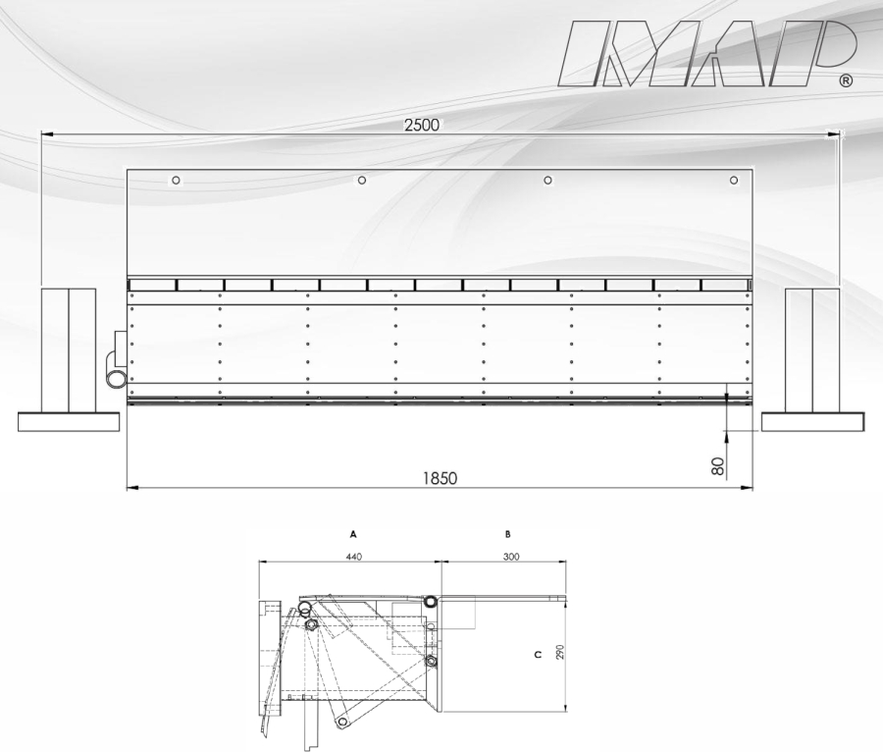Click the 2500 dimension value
422,125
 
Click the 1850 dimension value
441,478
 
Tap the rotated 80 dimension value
717,466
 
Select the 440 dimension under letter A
353,557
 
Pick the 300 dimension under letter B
511,557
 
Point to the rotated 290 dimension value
559,652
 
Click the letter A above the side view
353,534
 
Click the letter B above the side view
508,534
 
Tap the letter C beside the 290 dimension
538,655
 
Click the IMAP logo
706,54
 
